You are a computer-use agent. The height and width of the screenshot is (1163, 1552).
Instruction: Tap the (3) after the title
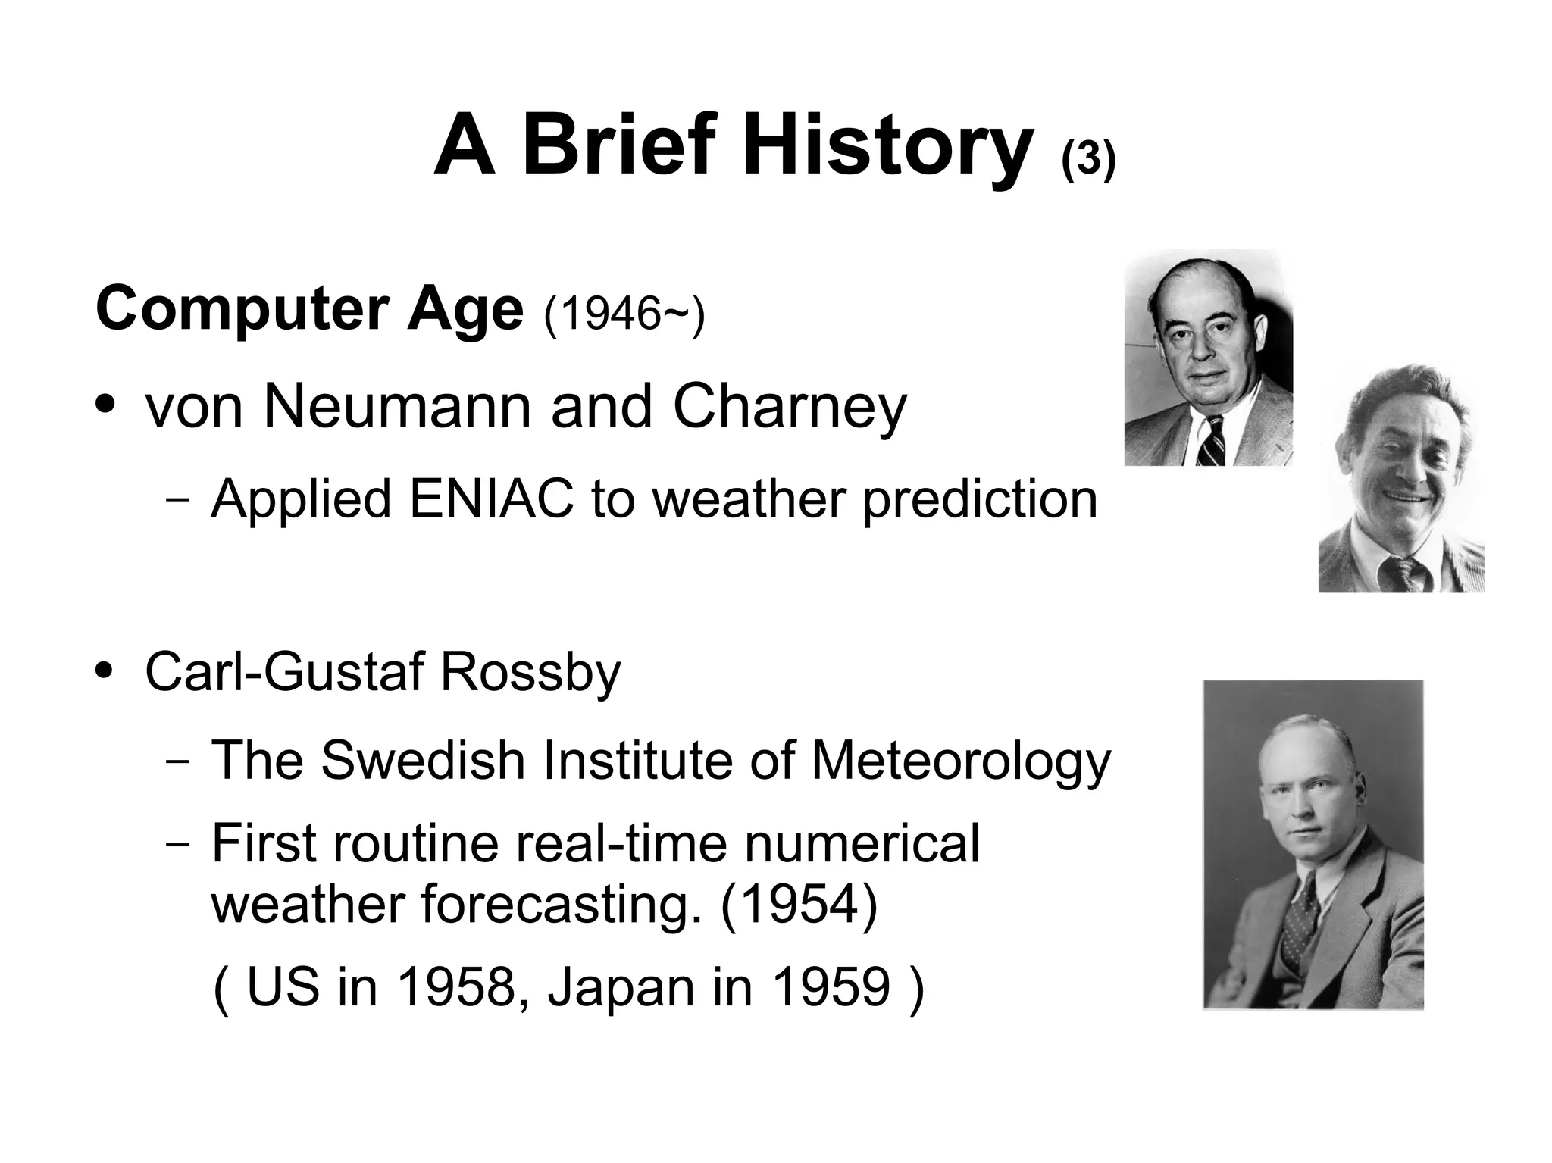tap(1088, 161)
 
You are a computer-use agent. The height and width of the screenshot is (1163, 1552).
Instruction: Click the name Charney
tap(789, 408)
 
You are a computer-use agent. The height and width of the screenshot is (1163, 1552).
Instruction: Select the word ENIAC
tap(490, 499)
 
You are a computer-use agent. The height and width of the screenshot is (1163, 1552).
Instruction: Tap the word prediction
tap(979, 501)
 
